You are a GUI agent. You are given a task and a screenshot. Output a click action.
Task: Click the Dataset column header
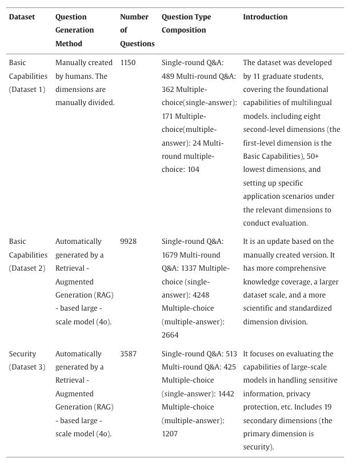coord(22,17)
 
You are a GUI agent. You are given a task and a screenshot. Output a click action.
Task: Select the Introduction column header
coord(265,17)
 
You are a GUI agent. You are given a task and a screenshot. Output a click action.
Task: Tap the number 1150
coord(128,63)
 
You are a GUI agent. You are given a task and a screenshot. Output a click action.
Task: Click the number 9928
coord(129,242)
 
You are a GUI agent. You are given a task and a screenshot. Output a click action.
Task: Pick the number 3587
coord(129,354)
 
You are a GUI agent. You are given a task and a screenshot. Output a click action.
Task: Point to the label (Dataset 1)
coord(27,90)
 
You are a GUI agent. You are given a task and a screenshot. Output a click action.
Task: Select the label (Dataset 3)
coord(27,367)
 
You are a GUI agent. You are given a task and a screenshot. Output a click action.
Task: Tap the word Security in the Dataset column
coord(22,354)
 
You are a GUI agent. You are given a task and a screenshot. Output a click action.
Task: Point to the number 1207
coord(170,434)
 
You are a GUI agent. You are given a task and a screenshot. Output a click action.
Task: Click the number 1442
coord(226,394)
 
